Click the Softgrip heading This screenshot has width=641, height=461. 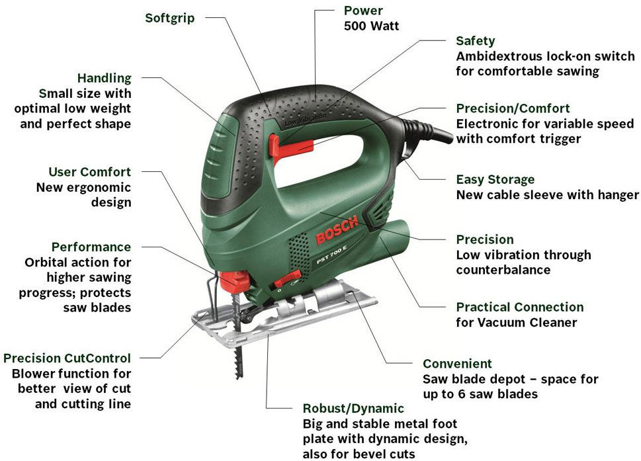coord(169,19)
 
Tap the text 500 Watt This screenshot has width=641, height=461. coord(371,26)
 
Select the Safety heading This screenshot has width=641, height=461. coord(476,41)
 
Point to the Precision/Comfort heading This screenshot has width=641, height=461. coord(513,108)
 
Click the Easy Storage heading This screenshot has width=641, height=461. coord(495,179)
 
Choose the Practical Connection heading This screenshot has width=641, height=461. coord(519,307)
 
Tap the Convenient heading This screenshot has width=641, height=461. coord(457,363)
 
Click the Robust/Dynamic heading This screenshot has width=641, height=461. coord(353,408)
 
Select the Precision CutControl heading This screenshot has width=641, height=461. coord(67,358)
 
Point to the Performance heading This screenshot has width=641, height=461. coord(91,247)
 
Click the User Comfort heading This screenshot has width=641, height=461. coord(89,172)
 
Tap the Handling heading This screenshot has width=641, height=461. coord(105,77)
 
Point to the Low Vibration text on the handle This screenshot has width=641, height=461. coord(306,118)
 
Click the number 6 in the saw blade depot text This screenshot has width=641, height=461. coord(460,394)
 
